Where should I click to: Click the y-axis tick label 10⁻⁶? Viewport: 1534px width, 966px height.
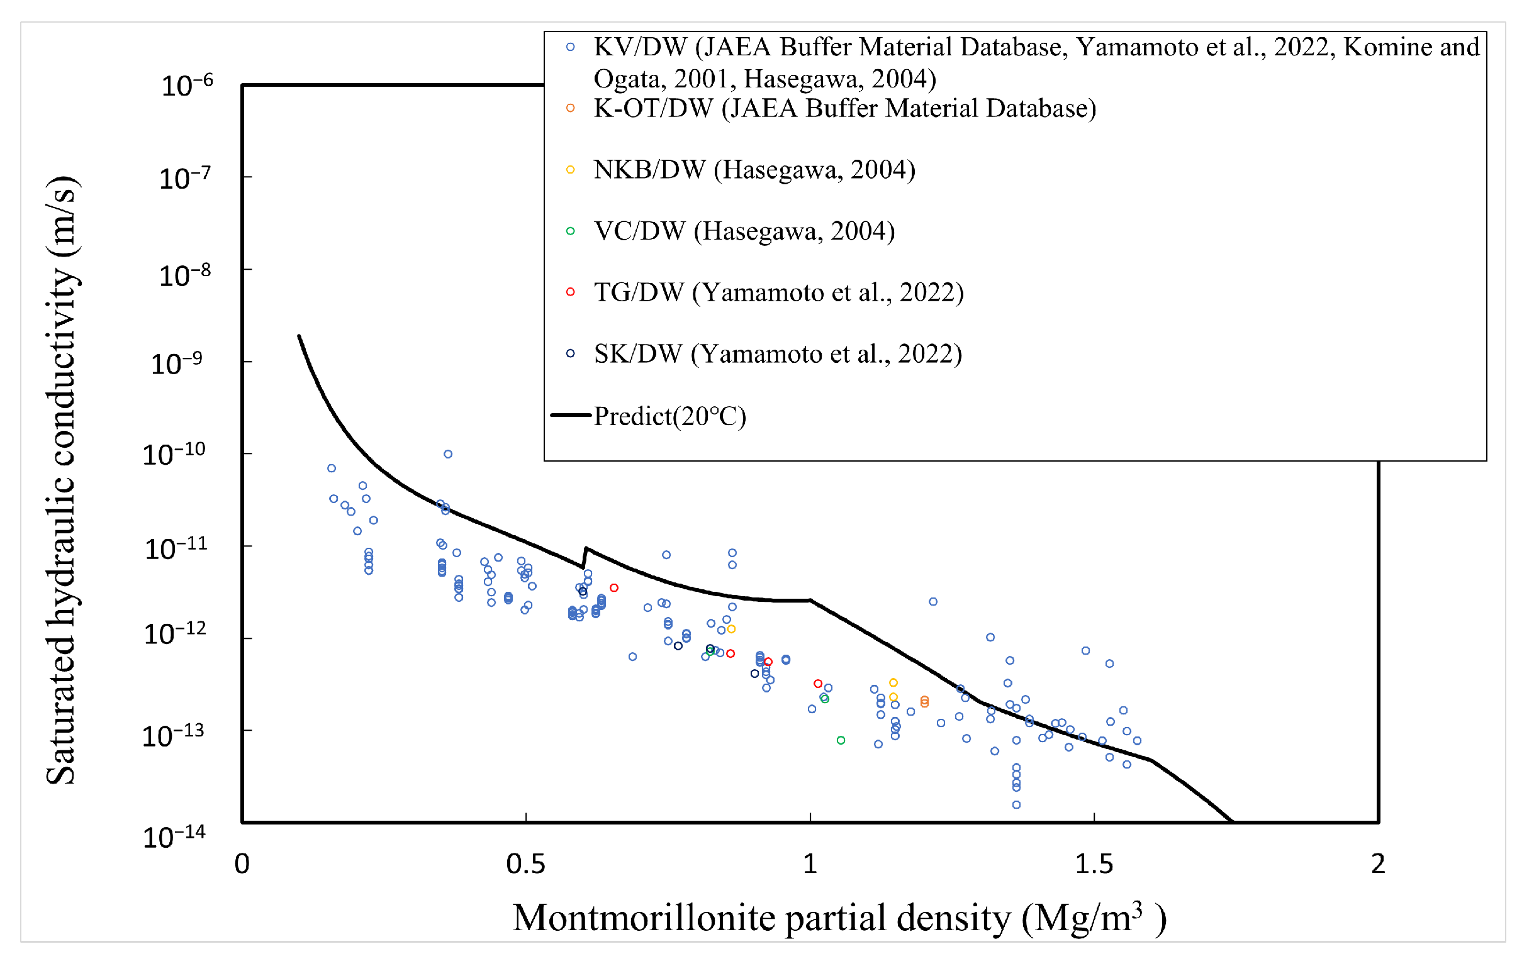186,86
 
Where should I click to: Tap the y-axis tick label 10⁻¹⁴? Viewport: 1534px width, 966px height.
173,836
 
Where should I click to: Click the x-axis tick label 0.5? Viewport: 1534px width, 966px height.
525,865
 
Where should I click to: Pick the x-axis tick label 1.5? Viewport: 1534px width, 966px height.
1094,865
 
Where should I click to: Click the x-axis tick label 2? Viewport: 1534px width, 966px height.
1378,865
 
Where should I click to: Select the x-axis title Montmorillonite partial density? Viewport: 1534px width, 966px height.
838,918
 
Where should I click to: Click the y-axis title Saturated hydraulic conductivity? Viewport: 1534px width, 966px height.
62,480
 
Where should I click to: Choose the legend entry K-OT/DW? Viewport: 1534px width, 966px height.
844,108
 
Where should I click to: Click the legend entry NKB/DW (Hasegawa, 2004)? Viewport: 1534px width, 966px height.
754,170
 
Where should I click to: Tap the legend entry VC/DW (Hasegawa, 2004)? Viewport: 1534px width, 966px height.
744,231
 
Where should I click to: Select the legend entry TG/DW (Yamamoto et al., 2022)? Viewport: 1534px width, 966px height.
778,292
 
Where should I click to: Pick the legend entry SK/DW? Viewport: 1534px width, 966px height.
777,354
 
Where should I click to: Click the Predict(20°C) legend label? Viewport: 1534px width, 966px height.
669,416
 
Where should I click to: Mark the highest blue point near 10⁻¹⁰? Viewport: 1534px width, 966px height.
448,454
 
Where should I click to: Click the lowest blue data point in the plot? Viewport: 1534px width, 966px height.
1016,805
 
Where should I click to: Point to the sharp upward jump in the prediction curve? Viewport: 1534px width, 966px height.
585,557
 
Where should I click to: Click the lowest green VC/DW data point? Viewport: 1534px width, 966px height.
840,740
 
